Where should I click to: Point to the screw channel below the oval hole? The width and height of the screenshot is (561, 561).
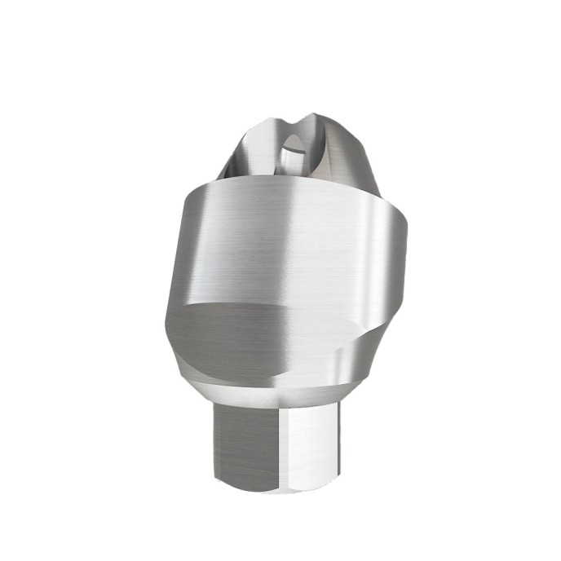pos(292,171)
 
